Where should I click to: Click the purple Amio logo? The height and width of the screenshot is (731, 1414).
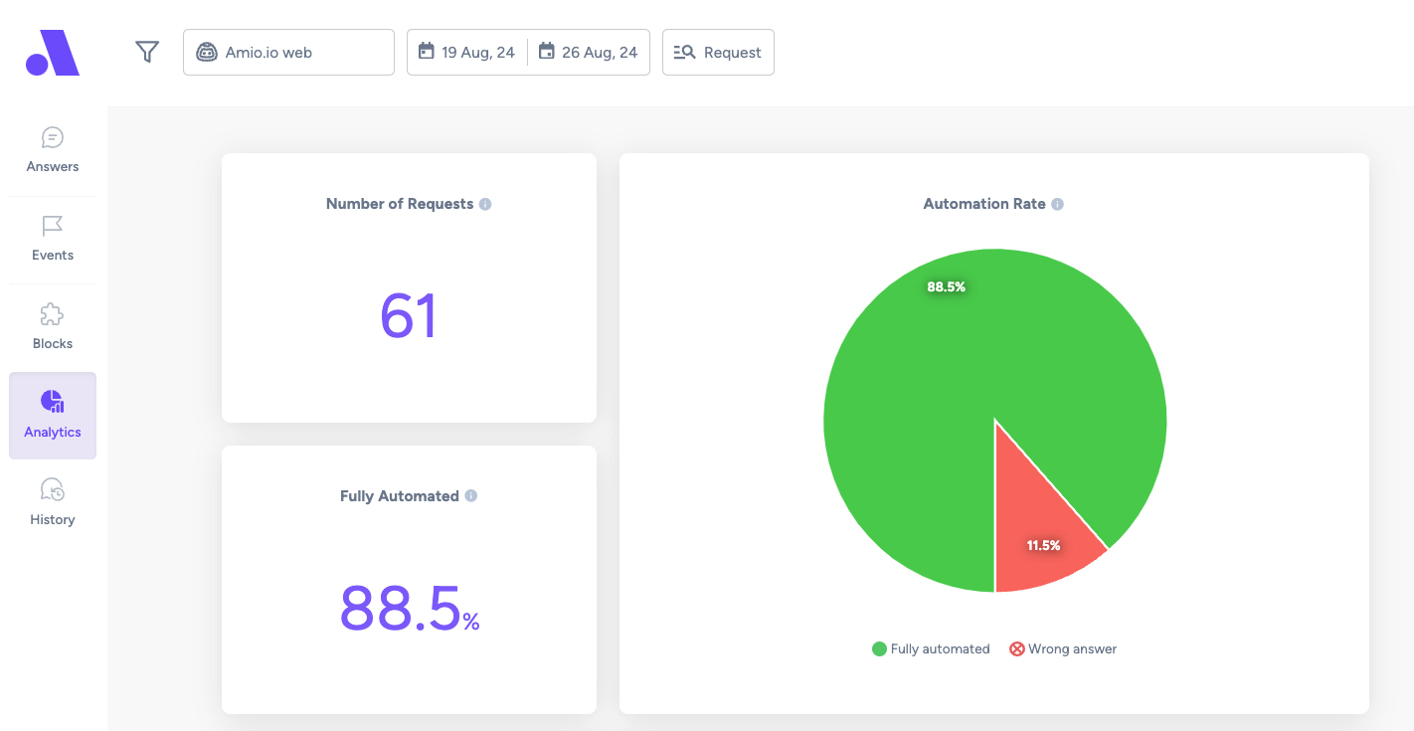(53, 53)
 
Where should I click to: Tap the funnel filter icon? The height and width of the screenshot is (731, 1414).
(147, 52)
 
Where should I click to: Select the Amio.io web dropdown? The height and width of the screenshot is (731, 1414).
(288, 53)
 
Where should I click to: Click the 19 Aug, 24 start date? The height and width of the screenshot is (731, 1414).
(467, 53)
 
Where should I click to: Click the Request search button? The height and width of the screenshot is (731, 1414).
(718, 53)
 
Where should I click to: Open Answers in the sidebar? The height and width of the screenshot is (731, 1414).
(53, 150)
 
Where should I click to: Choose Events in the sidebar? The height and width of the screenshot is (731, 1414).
(53, 239)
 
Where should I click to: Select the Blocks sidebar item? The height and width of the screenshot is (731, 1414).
(53, 327)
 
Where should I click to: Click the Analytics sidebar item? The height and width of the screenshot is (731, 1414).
(53, 416)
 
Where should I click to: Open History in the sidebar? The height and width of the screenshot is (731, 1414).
(53, 502)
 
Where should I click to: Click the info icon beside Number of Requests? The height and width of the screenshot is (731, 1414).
(485, 204)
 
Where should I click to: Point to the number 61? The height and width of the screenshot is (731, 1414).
(409, 315)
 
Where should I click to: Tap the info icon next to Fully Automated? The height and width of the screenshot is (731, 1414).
(471, 495)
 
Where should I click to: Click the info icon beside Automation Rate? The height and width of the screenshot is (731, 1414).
(1057, 204)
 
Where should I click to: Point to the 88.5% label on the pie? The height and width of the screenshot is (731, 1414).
(947, 286)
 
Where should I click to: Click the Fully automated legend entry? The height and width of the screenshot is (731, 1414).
(931, 648)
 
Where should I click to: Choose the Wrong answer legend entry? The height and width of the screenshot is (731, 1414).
(1063, 648)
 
